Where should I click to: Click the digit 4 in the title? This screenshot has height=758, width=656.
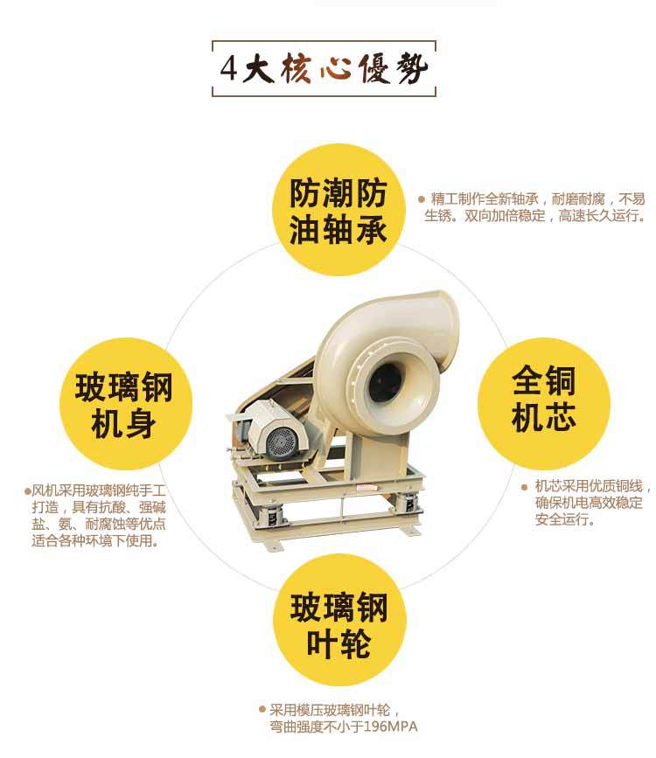tap(229, 69)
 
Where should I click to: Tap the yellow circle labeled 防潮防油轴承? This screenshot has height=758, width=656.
tap(338, 210)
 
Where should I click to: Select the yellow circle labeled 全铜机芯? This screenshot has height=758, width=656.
tap(544, 404)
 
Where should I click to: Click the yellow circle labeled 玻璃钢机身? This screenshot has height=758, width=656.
tap(126, 404)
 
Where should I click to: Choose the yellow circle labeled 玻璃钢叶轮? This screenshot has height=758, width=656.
tap(339, 620)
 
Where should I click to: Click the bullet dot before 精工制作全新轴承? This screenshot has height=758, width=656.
tap(422, 198)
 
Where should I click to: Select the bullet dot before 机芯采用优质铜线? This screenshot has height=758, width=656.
tap(525, 487)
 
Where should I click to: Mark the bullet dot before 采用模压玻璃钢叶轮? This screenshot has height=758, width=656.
tap(262, 710)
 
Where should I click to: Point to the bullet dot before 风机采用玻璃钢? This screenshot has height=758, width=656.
tap(28, 491)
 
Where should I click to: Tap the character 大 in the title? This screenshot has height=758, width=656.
tap(258, 69)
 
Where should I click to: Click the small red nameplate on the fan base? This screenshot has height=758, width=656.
tap(366, 488)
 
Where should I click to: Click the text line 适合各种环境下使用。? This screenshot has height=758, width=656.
tap(96, 540)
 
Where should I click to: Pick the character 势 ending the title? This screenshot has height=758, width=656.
tap(412, 69)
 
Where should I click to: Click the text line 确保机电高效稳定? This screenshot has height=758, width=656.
tap(589, 503)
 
